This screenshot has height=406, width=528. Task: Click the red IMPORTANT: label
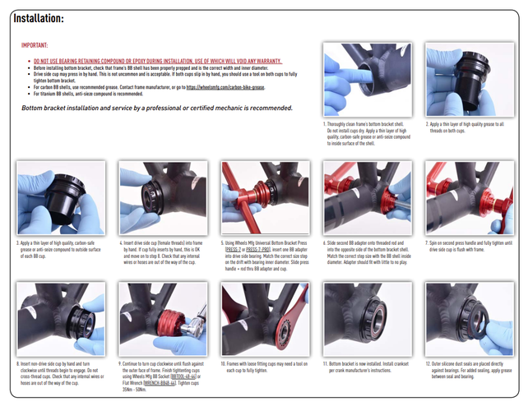[x=35, y=46]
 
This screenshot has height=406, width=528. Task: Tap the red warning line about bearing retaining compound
[x=156, y=61]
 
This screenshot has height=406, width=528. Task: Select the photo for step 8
[x=61, y=319]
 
